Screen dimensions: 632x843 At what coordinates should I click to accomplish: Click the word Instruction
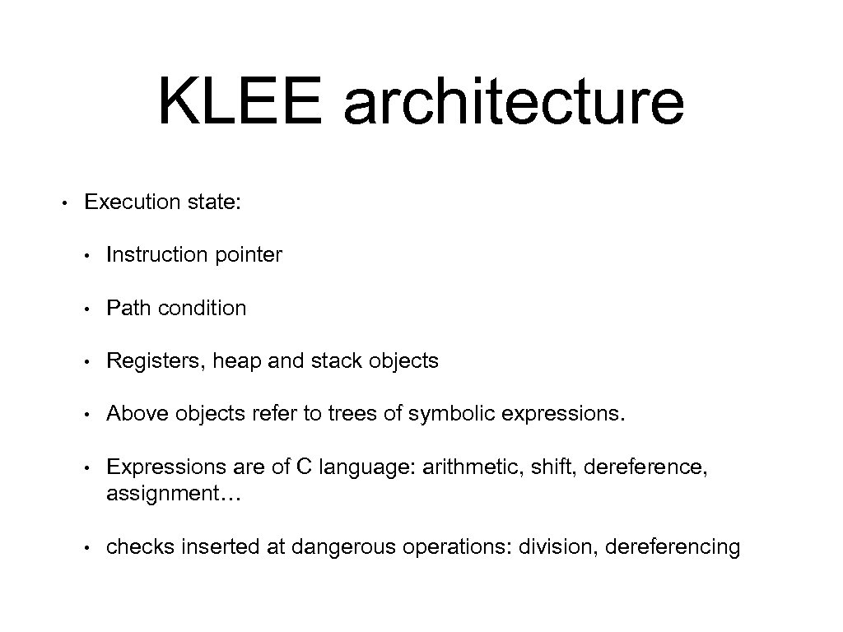157,255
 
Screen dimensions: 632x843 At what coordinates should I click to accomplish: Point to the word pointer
249,255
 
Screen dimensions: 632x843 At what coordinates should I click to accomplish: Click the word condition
202,308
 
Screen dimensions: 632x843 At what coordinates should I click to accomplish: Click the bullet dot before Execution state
64,202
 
